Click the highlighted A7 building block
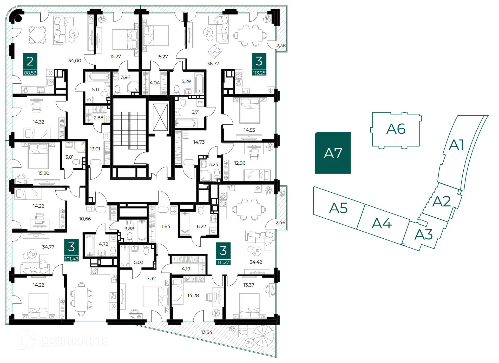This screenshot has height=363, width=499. (x=333, y=153)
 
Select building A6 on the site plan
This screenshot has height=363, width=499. (x=396, y=130)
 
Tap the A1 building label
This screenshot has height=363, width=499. (x=456, y=145)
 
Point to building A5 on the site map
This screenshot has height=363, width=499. (x=338, y=208)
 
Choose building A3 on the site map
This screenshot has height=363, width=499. (x=423, y=234)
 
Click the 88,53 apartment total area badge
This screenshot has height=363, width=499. (x=30, y=73)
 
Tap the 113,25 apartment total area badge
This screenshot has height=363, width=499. (x=259, y=73)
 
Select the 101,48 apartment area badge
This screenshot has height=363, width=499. (x=71, y=259)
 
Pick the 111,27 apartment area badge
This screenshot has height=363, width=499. (x=223, y=263)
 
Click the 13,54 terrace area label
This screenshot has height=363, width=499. (x=207, y=332)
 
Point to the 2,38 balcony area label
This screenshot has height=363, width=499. (x=281, y=45)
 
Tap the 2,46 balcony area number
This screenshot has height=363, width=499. (x=280, y=223)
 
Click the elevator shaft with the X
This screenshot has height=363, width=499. (x=160, y=117)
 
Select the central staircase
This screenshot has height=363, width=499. (x=129, y=131)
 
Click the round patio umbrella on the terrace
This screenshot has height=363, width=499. (x=263, y=336)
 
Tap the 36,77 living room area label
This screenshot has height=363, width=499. (x=213, y=64)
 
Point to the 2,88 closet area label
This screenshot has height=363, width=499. (x=99, y=118)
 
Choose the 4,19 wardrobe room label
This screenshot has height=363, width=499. (x=186, y=269)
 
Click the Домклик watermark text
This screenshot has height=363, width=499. (x=74, y=341)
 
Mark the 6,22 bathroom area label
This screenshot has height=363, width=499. (x=201, y=227)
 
